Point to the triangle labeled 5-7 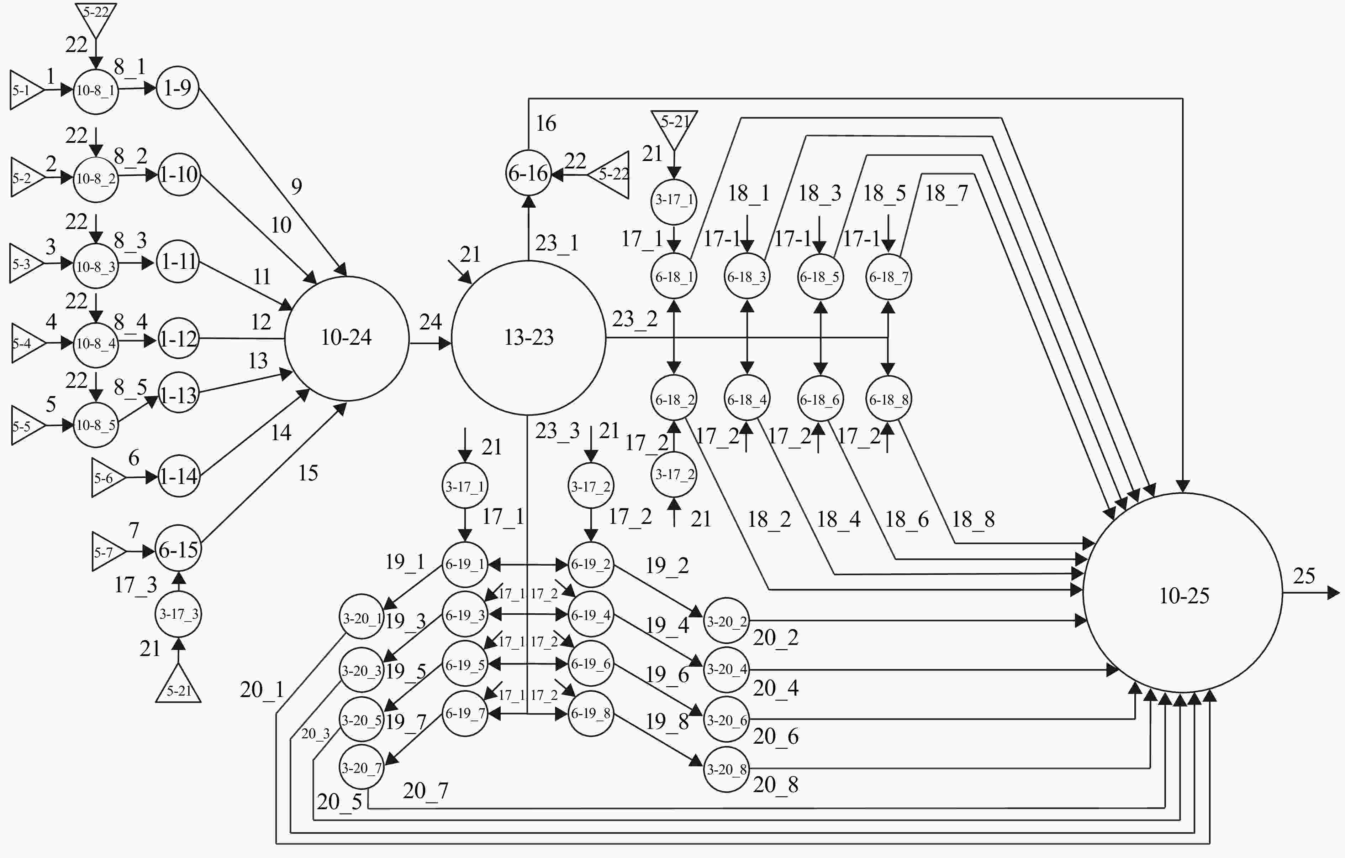point(109,552)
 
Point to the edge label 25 point(1304,576)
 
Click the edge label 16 point(546,123)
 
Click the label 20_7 point(426,791)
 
